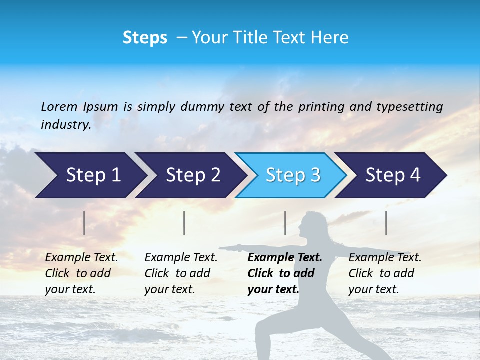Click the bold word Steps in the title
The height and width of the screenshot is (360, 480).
pyautogui.click(x=145, y=37)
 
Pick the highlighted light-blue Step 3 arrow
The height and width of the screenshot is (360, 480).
pyautogui.click(x=293, y=175)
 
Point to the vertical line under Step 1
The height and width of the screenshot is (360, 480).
pyautogui.click(x=84, y=223)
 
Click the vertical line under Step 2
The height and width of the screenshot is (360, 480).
pyautogui.click(x=184, y=223)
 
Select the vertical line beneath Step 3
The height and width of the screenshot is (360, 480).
pyautogui.click(x=285, y=223)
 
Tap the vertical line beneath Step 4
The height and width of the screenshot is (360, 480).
pyautogui.click(x=386, y=223)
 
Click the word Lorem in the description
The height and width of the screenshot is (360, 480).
pyautogui.click(x=59, y=106)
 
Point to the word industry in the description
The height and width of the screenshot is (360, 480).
pyautogui.click(x=65, y=125)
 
